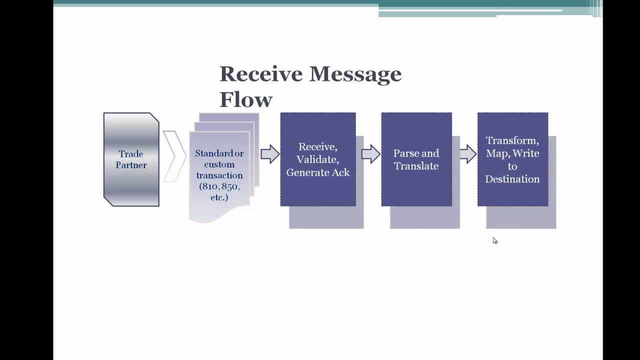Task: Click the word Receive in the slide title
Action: click(261, 73)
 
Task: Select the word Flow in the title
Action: click(246, 99)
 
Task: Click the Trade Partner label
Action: click(131, 159)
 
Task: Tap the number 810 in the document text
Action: click(209, 186)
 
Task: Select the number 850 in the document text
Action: click(231, 186)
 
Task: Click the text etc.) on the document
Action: click(219, 197)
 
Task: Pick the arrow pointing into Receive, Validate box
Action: click(270, 154)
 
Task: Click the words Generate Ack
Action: click(318, 172)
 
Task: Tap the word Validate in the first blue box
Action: click(317, 159)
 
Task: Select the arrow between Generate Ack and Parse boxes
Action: click(371, 154)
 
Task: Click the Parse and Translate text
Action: click(416, 159)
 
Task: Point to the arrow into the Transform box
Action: click(468, 154)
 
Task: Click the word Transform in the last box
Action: click(512, 140)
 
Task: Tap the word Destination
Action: click(512, 179)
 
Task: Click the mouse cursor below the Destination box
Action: click(494, 240)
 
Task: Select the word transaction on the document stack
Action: click(219, 175)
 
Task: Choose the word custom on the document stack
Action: click(219, 164)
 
